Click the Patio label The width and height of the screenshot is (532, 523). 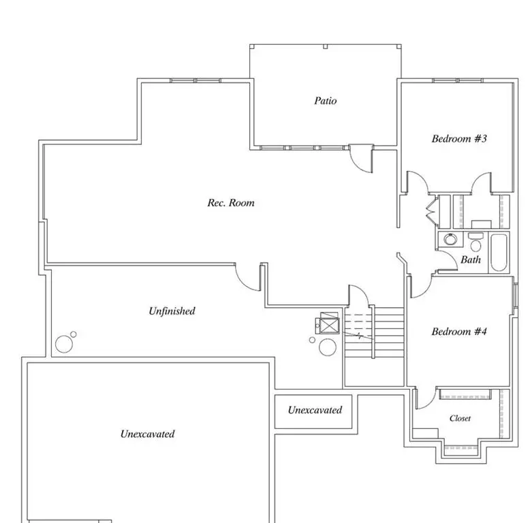pyautogui.click(x=325, y=101)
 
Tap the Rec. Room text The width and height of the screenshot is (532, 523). pyautogui.click(x=231, y=203)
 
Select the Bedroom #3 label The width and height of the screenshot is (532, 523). pyautogui.click(x=459, y=139)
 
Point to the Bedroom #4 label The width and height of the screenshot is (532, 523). pyautogui.click(x=459, y=332)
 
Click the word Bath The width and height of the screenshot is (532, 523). pyautogui.click(x=471, y=259)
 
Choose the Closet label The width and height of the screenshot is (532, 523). pyautogui.click(x=460, y=418)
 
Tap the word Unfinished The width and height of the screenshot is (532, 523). pyautogui.click(x=172, y=311)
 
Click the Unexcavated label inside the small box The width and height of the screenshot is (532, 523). pyautogui.click(x=314, y=411)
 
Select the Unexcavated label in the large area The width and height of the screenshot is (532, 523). pyautogui.click(x=147, y=434)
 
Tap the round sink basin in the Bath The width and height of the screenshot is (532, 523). pyautogui.click(x=450, y=239)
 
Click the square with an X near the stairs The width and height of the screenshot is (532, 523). pyautogui.click(x=329, y=324)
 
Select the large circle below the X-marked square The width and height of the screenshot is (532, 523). pyautogui.click(x=328, y=347)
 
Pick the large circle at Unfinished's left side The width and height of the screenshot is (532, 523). pyautogui.click(x=64, y=344)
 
